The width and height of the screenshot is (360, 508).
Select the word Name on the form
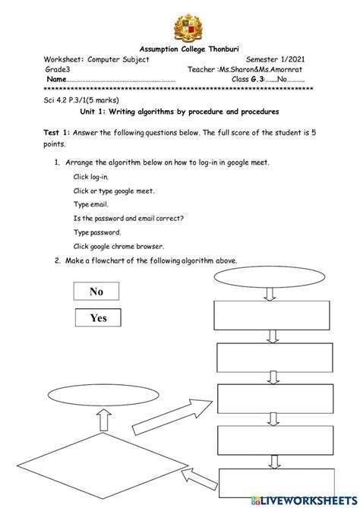(x=56, y=79)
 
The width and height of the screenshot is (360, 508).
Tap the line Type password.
(x=97, y=232)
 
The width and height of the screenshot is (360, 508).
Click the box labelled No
(x=96, y=292)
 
